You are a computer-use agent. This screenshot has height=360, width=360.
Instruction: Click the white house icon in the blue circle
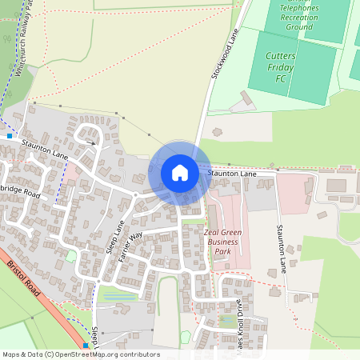point(180,172)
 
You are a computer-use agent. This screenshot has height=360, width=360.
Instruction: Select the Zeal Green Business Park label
point(223,242)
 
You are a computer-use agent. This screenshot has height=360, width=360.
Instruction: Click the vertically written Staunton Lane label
point(282,249)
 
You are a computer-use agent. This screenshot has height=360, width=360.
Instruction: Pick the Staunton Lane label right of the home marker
point(232,173)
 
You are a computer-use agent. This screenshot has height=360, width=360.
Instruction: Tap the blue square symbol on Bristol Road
point(86,346)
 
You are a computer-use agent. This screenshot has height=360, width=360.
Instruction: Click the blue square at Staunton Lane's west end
point(10,136)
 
